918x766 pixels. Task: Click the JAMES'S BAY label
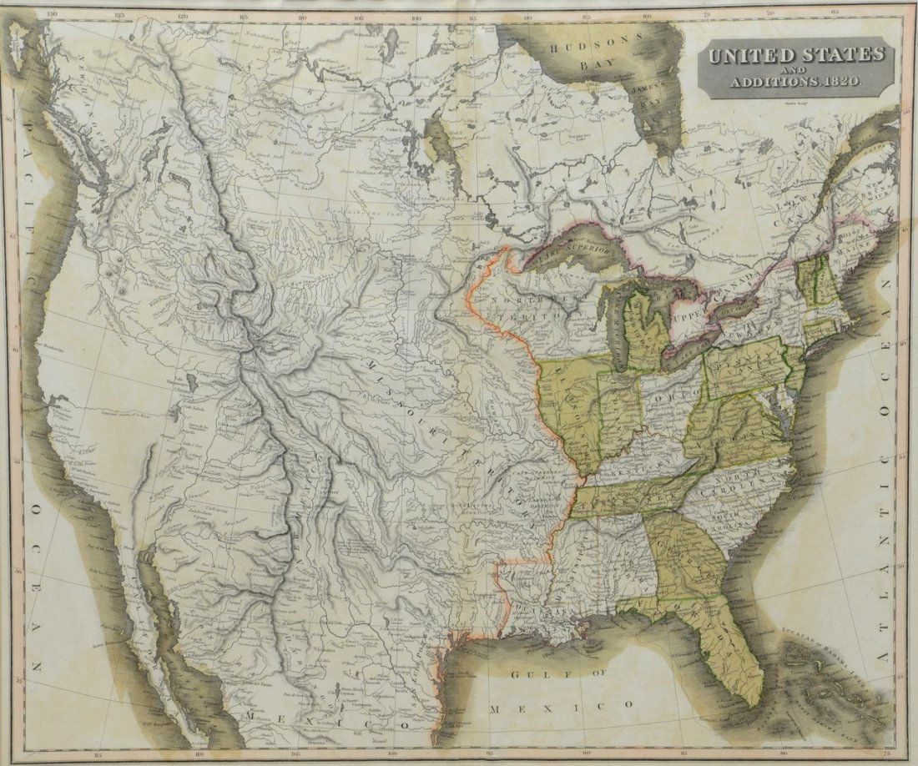pyautogui.click(x=648, y=93)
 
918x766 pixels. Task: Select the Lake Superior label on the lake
pyautogui.click(x=576, y=250)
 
